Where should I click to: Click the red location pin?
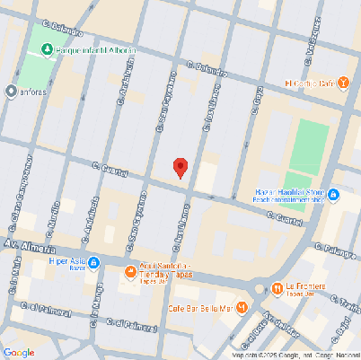coord(180,167)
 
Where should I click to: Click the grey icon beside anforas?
coord(11,91)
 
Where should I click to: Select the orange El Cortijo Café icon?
coord(343,83)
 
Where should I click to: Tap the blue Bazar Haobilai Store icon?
coord(333,194)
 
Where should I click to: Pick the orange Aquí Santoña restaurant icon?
coord(131,270)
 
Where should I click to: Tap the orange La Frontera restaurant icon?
coord(276,288)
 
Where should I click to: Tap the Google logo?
coord(19,352)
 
